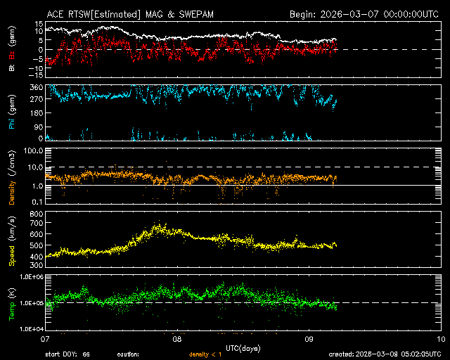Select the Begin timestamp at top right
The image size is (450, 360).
pyautogui.click(x=366, y=14)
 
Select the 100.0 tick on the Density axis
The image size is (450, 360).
pyautogui.click(x=33, y=150)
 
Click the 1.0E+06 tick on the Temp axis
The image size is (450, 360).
pyautogui.click(x=30, y=277)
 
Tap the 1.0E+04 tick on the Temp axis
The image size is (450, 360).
pyautogui.click(x=30, y=329)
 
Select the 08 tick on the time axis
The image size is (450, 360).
pyautogui.click(x=178, y=337)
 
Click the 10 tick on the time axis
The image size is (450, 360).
pyautogui.click(x=441, y=337)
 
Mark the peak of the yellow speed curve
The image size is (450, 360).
pyautogui.click(x=160, y=225)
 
